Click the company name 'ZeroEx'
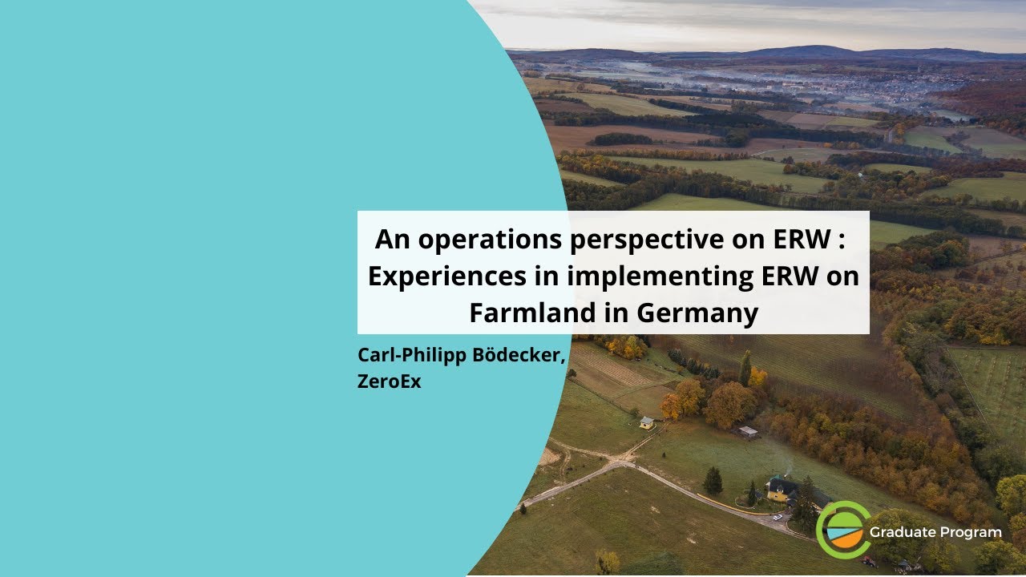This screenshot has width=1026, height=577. (390, 381)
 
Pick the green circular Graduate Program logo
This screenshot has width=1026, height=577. (842, 529)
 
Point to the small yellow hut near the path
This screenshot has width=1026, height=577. (646, 422)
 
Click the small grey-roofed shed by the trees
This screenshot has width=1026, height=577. (748, 432)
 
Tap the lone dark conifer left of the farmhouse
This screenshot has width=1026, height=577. (712, 481)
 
